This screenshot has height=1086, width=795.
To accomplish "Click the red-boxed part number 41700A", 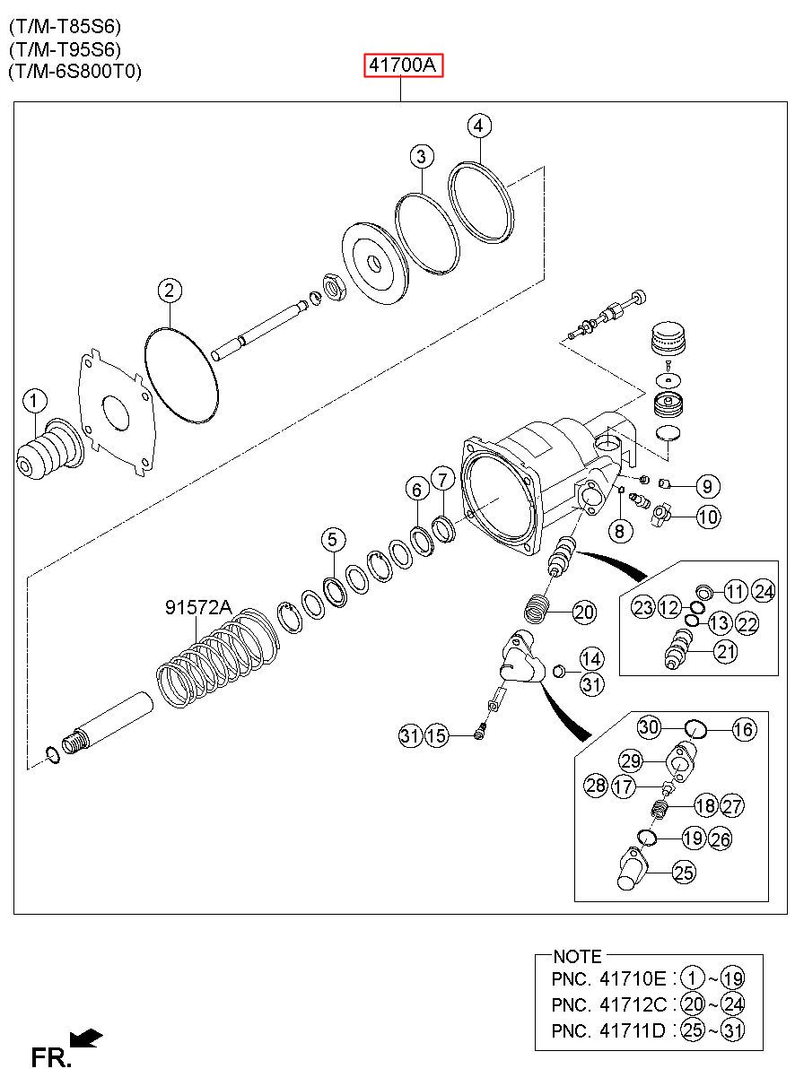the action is [404, 65].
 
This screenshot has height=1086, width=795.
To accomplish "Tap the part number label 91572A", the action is [198, 607].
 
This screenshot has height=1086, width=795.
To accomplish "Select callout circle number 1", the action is [34, 401].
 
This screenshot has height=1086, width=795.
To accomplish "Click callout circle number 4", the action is [479, 126].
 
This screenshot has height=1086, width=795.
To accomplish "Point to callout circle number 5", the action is [333, 540].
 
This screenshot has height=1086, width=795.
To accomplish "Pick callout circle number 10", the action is [708, 517].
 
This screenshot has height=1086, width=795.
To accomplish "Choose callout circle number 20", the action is [583, 613].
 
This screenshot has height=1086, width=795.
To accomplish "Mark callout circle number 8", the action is [620, 531].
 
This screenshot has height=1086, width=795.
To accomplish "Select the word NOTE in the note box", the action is [577, 957].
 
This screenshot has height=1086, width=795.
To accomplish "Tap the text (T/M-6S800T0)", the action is [74, 72].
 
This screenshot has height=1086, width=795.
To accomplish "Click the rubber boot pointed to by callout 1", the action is [50, 450].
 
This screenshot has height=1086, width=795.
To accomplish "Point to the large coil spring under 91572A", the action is [218, 658].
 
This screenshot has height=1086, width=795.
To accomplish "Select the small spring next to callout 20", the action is [537, 608].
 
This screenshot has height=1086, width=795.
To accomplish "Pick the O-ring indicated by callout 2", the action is [182, 375].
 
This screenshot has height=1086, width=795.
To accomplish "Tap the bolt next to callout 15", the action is [480, 736].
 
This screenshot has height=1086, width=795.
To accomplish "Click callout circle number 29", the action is [631, 760].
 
